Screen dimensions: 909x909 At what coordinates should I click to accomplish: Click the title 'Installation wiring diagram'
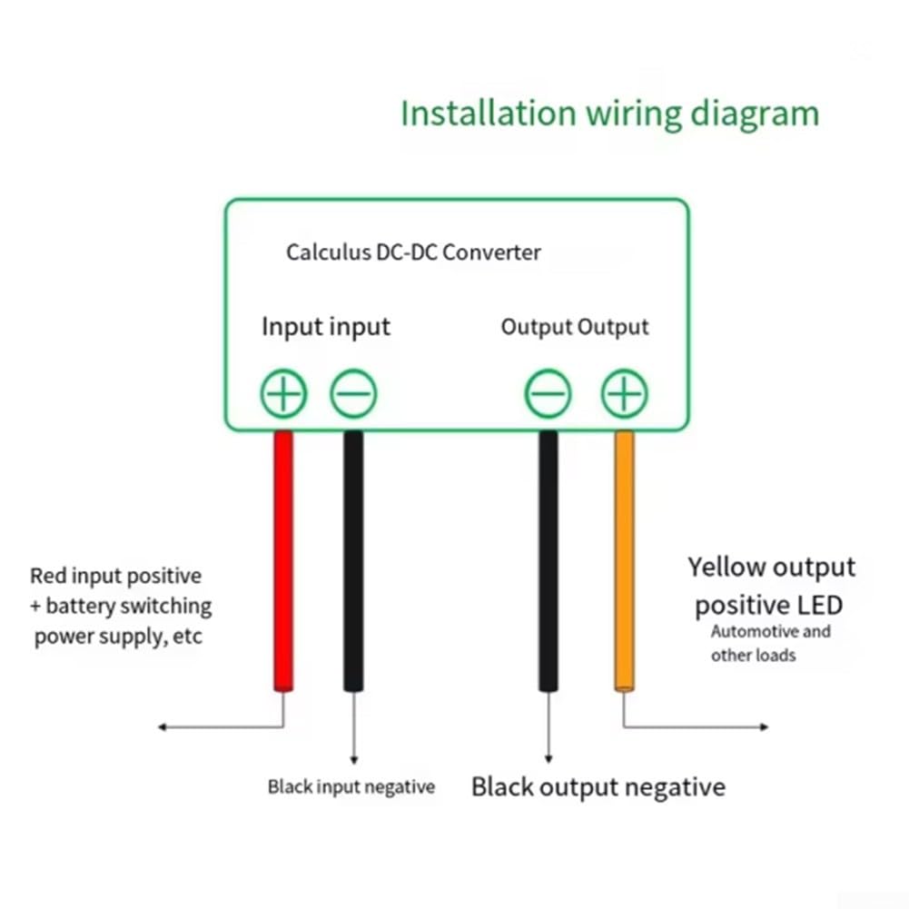pyautogui.click(x=610, y=114)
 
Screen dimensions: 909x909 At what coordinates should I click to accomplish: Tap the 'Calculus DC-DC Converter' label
pyautogui.click(x=413, y=252)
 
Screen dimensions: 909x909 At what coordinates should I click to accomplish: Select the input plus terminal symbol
pyautogui.click(x=283, y=393)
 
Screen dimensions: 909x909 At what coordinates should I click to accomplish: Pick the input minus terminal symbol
pyautogui.click(x=353, y=393)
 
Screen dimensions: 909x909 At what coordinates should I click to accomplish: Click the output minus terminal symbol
pyautogui.click(x=548, y=393)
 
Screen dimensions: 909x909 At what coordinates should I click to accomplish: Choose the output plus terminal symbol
pyautogui.click(x=625, y=393)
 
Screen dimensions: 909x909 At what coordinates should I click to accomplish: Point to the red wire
pyautogui.click(x=283, y=561)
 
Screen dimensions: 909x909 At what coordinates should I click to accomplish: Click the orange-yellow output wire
pyautogui.click(x=625, y=561)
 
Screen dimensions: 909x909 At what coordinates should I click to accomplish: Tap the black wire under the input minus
pyautogui.click(x=353, y=561)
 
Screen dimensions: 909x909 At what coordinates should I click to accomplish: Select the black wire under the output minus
pyautogui.click(x=548, y=561)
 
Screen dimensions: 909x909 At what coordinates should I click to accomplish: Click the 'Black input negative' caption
pyautogui.click(x=351, y=786)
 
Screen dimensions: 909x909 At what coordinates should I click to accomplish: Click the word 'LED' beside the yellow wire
pyautogui.click(x=820, y=605)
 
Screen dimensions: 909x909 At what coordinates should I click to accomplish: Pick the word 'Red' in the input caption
pyautogui.click(x=47, y=576)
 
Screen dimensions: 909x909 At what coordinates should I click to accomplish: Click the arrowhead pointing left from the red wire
pyautogui.click(x=163, y=727)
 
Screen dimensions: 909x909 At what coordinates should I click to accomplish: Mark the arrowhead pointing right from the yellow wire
pyautogui.click(x=765, y=727)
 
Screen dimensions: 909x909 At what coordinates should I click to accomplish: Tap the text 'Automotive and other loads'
pyautogui.click(x=770, y=644)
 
